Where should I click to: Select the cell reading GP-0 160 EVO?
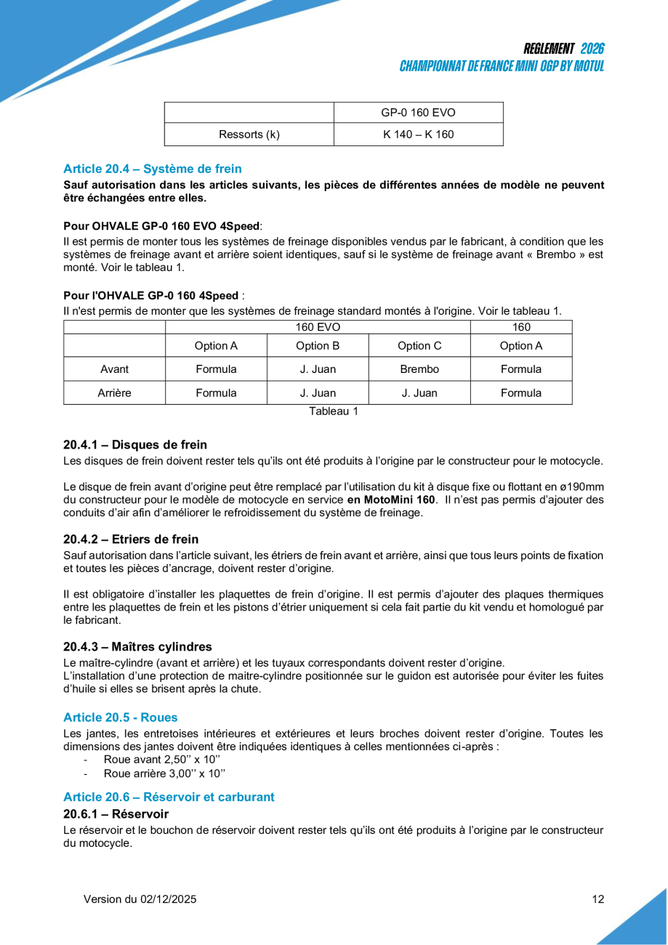click(418, 113)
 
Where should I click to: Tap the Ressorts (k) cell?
click(249, 134)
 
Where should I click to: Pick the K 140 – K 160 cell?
click(418, 134)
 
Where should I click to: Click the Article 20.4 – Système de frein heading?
click(153, 169)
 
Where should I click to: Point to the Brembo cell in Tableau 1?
click(419, 369)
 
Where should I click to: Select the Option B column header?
click(318, 346)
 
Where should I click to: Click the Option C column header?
click(419, 346)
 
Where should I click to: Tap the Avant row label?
click(114, 369)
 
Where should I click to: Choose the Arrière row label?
click(114, 393)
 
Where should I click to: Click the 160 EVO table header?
click(318, 327)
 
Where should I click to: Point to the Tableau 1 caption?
click(334, 411)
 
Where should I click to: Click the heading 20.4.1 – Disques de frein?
click(135, 445)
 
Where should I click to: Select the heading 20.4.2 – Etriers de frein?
click(131, 539)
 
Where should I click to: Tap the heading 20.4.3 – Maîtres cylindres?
click(137, 647)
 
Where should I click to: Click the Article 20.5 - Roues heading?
click(121, 717)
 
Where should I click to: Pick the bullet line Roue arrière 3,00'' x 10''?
click(159, 773)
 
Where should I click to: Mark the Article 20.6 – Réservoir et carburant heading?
click(169, 797)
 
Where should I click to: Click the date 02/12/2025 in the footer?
click(168, 899)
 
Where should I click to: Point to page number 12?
click(597, 899)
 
